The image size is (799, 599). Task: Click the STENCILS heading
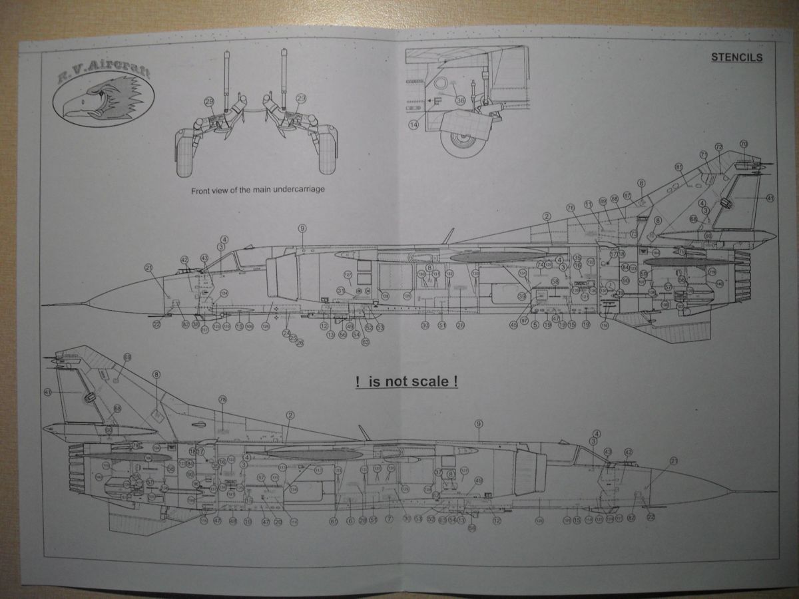[736, 57]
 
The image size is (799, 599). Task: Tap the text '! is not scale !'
[406, 383]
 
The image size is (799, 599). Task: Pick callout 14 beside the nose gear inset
[413, 124]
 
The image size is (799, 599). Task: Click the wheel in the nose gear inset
[462, 140]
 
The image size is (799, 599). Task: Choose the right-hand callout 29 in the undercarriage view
[301, 99]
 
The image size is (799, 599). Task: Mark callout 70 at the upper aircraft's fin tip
[744, 144]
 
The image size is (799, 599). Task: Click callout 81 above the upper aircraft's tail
[679, 166]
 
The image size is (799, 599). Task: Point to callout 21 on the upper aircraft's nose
[148, 268]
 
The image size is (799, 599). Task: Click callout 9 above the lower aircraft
[478, 423]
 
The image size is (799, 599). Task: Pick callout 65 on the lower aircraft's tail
[127, 357]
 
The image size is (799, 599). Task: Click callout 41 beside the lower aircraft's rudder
[47, 393]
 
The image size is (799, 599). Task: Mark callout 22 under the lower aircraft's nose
[651, 516]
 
